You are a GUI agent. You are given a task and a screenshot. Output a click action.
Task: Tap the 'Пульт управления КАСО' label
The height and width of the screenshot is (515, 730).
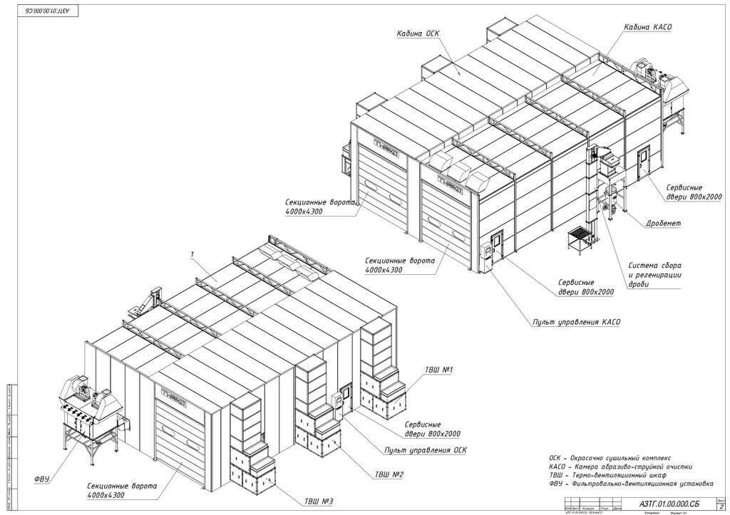(x=576, y=322)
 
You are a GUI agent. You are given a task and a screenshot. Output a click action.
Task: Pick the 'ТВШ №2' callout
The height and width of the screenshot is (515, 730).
(x=389, y=474)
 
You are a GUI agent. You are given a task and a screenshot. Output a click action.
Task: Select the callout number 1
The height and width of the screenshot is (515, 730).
(x=192, y=254)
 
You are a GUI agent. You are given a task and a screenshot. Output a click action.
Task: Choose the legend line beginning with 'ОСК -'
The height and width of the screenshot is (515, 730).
(x=610, y=457)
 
